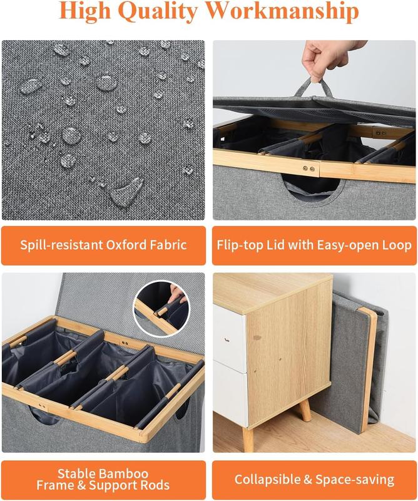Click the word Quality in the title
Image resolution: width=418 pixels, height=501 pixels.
point(160,11)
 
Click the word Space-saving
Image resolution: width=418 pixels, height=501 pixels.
point(354,480)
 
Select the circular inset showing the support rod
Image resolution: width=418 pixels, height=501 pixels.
point(161,308)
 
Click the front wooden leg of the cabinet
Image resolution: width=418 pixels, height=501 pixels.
point(248,439)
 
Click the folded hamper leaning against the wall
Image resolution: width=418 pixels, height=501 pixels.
point(358,364)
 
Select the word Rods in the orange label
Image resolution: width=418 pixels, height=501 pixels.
point(154,485)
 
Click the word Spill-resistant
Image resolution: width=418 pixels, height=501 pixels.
point(61,245)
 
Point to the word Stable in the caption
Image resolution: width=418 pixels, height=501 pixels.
point(77,473)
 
